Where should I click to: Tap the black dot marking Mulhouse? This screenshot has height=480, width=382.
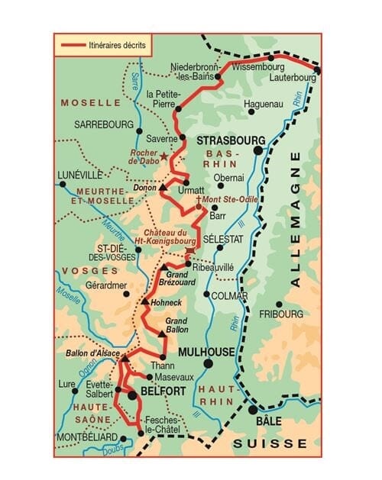pos(208,364)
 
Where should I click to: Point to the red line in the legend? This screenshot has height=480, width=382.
pos(71,45)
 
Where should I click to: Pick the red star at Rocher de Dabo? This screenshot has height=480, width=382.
pos(162,156)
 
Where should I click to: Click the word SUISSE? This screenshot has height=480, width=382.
pos(270,443)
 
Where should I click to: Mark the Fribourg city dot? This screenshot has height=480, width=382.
pos(280,304)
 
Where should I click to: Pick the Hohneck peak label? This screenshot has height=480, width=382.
pos(167,302)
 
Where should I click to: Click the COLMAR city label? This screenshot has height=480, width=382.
pos(230,296)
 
